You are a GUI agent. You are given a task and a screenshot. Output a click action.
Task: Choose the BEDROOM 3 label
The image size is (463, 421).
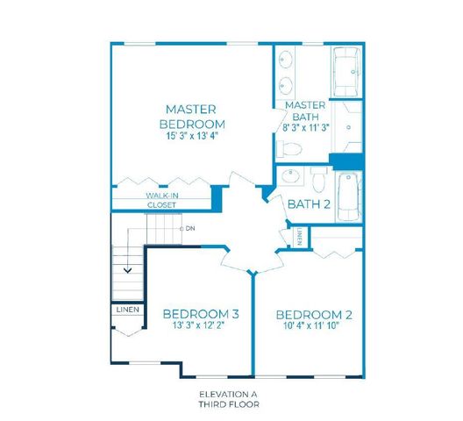(201, 313)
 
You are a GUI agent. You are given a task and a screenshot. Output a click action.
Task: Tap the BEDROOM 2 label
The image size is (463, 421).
(313, 315)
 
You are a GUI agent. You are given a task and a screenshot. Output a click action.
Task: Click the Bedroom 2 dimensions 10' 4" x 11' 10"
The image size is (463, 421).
(313, 327)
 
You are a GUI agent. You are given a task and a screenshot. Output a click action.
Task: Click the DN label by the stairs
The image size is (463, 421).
(189, 228)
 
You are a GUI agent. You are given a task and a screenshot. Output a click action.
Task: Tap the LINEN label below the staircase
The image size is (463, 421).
(125, 310)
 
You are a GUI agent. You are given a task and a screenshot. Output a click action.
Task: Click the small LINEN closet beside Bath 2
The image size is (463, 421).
(301, 236)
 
